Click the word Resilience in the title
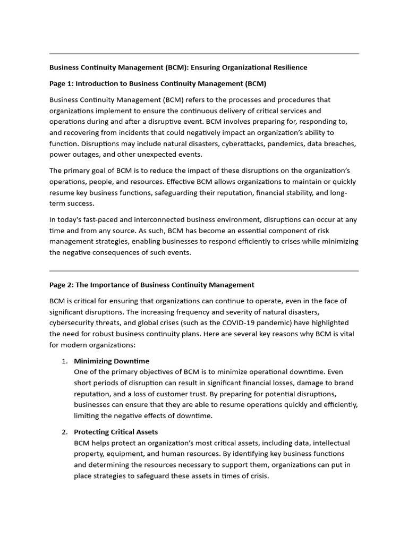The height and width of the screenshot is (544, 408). [x=288, y=67]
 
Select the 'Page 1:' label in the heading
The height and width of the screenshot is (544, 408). [x=62, y=83]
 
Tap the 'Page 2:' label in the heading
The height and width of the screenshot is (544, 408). [x=62, y=285]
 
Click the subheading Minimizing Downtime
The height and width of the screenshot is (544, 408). [x=112, y=361]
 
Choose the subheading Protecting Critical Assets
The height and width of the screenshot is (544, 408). [x=116, y=432]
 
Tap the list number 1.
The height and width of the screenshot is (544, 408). [x=64, y=361]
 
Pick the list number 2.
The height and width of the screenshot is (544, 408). [x=64, y=432]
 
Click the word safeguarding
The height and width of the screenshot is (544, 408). [x=178, y=193]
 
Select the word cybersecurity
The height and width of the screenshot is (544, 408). [x=72, y=323]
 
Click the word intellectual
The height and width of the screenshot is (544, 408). [x=330, y=443]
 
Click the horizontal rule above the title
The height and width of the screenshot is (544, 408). [x=204, y=54]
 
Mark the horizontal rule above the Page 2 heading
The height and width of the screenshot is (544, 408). [x=204, y=271]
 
